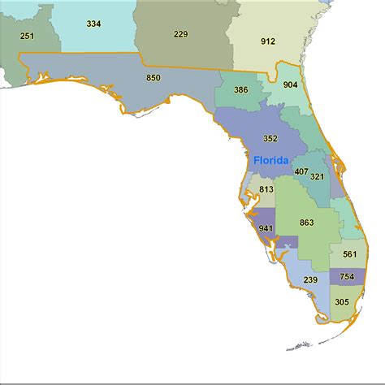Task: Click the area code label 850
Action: coord(153,78)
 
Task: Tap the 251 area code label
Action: coord(28,35)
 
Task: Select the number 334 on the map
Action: coord(93,24)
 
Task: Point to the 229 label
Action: coord(180,33)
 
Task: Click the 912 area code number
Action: coord(268,41)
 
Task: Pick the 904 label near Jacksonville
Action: coord(290,84)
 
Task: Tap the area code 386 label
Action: coord(240,91)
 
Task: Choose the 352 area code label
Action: coord(270,138)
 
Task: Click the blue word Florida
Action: coord(270,160)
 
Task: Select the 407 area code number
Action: coord(301,172)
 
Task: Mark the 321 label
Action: coord(318,176)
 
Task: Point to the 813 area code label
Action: coord(266,190)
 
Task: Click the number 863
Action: coord(306,222)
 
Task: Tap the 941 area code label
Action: coord(266,228)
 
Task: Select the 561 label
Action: coord(349,254)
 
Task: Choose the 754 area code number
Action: coord(346,277)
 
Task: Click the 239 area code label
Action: coord(310,280)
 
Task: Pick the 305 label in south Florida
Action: coord(342,301)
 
